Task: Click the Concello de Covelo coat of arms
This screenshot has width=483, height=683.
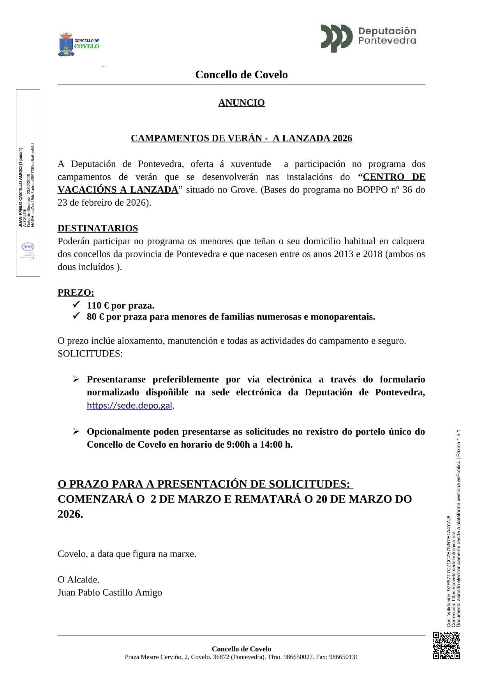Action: (66, 44)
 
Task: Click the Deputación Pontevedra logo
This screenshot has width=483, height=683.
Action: (368, 38)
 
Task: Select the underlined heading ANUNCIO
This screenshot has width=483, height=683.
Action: (241, 103)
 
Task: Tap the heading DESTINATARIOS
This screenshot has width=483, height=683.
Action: (98, 228)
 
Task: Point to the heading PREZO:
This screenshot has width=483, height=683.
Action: (76, 293)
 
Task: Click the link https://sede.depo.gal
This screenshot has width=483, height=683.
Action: (129, 406)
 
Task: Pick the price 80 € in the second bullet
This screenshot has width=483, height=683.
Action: (96, 317)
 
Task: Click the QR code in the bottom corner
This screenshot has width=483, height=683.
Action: (446, 645)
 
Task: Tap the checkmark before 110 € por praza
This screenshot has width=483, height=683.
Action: (76, 304)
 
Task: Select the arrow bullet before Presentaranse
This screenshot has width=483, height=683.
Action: (76, 379)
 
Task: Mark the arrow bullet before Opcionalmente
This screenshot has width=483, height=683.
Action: (76, 431)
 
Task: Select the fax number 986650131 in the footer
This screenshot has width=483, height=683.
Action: (344, 657)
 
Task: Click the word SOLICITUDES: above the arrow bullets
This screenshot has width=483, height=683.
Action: (90, 354)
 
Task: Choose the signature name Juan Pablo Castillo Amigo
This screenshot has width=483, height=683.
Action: (110, 593)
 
